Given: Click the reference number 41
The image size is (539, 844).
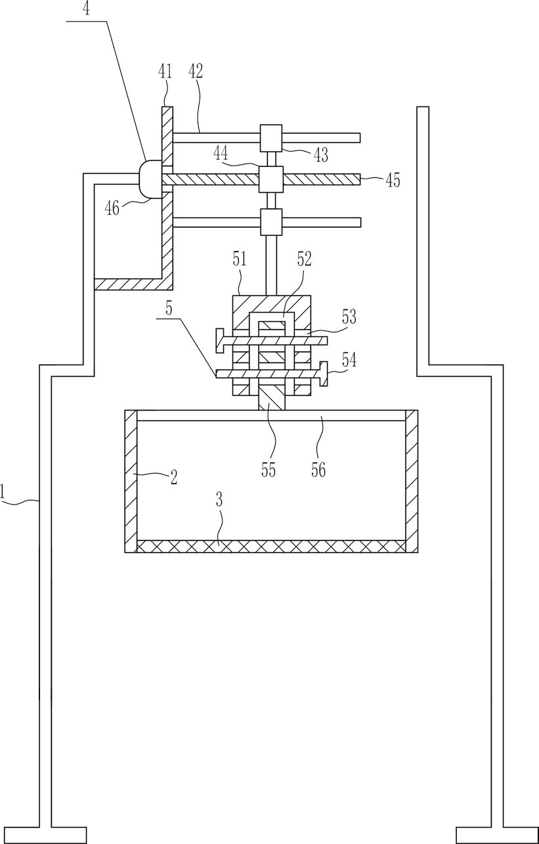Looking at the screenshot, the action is tap(165, 71).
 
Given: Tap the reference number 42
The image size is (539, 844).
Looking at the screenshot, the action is tap(196, 71).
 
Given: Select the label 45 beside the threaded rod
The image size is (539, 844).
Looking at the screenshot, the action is tap(393, 181).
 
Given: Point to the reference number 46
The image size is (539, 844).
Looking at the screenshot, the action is tap(113, 208).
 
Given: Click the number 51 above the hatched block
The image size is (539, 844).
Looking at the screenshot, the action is tap(239, 260).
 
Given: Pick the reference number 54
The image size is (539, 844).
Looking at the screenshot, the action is tap(349, 360).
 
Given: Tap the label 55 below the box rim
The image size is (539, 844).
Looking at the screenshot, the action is tap(269, 470).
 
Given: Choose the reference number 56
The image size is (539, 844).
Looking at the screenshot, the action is tap(318, 470).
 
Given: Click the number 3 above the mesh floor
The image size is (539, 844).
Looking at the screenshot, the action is tap(219, 500).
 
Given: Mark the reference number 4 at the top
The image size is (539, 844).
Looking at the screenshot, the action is tap(87, 9).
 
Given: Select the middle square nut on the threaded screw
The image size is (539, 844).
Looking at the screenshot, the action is tap(271, 179).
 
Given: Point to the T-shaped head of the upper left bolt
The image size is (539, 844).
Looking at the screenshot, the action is tap(219, 341).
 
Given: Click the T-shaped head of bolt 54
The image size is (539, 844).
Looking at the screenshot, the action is tap(323, 374).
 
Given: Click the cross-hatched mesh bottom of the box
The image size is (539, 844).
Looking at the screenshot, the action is tap(271, 546).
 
